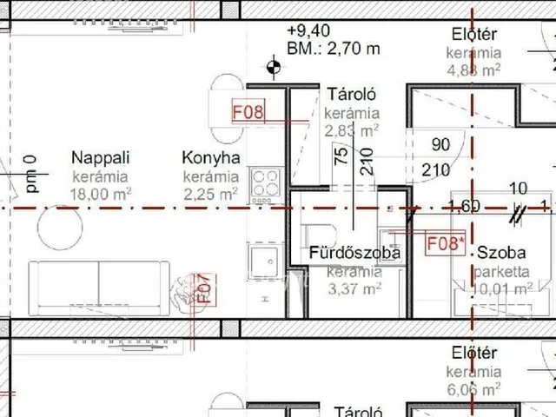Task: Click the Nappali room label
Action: [x=100, y=158]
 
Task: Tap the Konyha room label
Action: [x=210, y=158]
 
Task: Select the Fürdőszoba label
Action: [x=354, y=253]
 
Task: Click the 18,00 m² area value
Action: [x=100, y=194]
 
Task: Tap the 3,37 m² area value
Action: [x=354, y=288]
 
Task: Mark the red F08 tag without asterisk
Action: [x=247, y=111]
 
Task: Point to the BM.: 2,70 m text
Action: [x=333, y=49]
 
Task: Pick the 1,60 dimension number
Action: [x=464, y=207]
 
